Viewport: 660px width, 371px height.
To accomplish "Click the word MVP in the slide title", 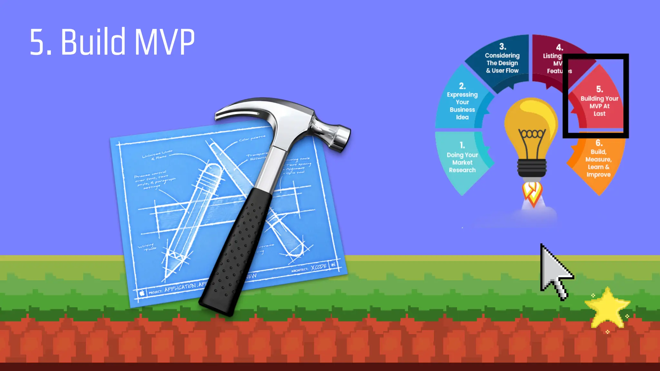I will click(x=164, y=42).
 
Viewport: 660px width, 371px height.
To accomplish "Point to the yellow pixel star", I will click(x=607, y=308).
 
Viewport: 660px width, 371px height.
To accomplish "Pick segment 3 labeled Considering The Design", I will click(x=502, y=62).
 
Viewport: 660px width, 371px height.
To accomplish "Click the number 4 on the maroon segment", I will click(x=560, y=48).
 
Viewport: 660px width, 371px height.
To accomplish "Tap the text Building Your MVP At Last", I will click(x=599, y=106).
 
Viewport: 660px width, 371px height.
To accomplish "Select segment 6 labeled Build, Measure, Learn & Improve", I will click(x=598, y=163).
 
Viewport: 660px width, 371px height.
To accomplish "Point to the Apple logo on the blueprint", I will click(x=142, y=293).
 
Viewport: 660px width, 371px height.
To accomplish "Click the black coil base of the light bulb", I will click(x=532, y=167).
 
